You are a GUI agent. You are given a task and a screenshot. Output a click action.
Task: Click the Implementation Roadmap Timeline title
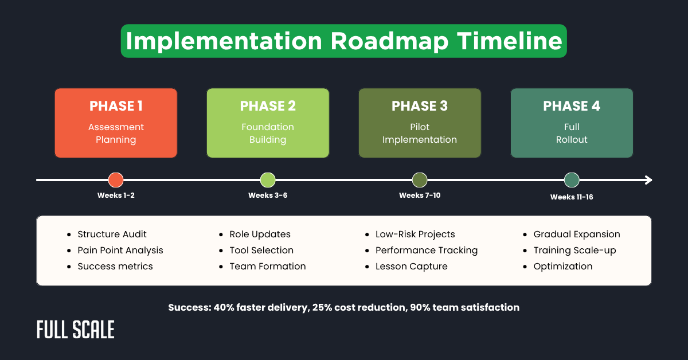343,41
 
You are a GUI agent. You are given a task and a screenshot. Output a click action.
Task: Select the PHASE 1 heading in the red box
116,106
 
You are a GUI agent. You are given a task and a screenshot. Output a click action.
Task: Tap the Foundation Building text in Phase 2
268,133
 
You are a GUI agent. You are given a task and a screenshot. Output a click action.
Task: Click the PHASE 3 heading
419,106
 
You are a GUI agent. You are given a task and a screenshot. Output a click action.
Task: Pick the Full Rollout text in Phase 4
572,133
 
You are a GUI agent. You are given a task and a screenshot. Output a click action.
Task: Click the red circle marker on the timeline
116,180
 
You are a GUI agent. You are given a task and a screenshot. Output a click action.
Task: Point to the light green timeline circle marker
268,180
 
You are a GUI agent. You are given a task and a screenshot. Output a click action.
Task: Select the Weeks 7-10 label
420,195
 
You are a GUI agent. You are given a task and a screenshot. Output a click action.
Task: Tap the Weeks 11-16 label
572,197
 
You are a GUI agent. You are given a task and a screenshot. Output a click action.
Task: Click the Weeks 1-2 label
116,195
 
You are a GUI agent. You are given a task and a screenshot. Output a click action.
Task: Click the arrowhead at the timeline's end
648,180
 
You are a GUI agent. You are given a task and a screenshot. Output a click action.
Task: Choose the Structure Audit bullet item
112,234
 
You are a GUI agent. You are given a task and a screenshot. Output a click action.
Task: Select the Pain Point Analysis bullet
120,250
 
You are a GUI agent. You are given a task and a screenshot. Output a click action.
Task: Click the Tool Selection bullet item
261,250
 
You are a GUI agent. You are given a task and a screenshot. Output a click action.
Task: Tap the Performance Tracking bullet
426,250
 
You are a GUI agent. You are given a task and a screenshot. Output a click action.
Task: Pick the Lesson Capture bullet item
411,266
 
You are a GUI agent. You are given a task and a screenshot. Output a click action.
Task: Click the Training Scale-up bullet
574,250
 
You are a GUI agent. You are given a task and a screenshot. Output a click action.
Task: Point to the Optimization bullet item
562,266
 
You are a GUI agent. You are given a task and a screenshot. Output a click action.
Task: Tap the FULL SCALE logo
76,330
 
